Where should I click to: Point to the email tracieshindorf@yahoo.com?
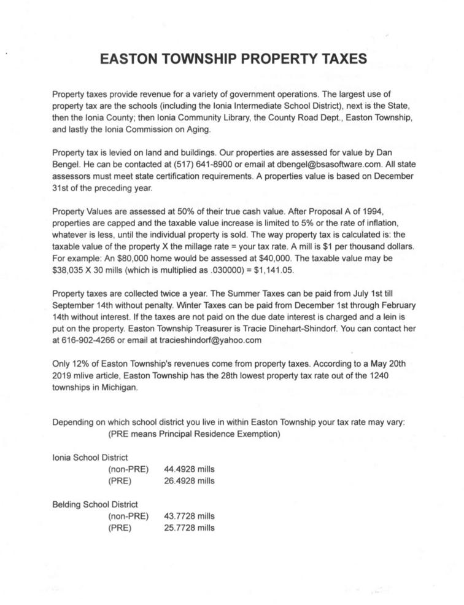(210, 340)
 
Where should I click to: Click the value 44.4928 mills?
(190, 469)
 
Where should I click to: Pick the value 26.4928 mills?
(190, 481)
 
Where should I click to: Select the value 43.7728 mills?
(190, 516)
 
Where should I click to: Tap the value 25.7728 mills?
(190, 528)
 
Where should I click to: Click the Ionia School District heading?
(90, 457)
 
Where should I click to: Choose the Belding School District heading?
(95, 504)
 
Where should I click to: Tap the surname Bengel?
(67, 165)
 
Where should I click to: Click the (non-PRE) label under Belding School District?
(128, 516)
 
